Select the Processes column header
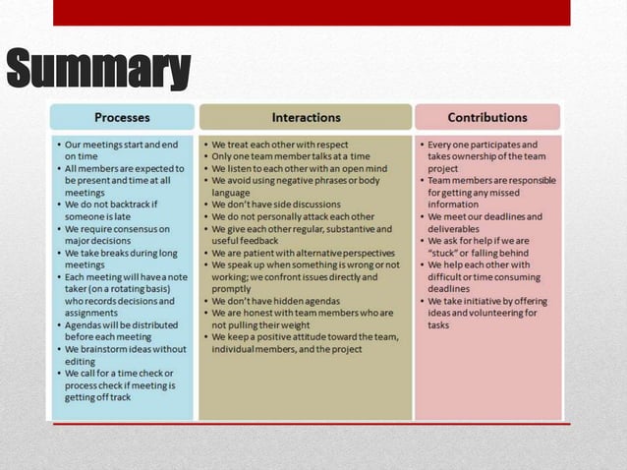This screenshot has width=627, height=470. point(122,117)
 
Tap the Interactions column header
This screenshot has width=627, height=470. point(306,117)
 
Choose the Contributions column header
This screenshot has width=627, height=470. point(487,117)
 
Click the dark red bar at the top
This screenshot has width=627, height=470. point(311,12)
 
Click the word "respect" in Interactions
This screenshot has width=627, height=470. point(329,145)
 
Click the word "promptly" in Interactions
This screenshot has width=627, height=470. point(231,289)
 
